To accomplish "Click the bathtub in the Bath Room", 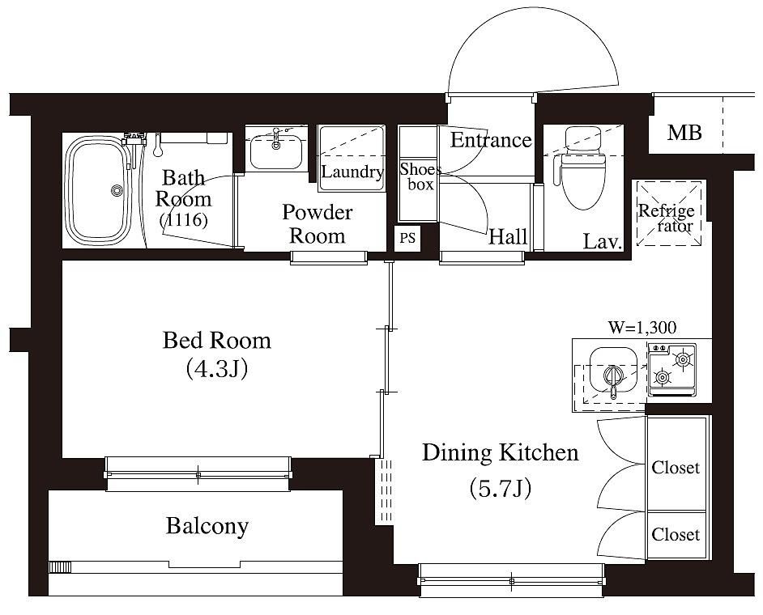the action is [x=98, y=190].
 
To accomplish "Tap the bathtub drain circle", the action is [x=117, y=191].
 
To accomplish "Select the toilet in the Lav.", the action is [x=582, y=168].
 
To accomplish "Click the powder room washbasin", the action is [x=276, y=151].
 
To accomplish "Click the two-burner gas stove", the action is [x=672, y=370].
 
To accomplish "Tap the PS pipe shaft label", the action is [x=407, y=238].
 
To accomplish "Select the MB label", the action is [x=684, y=132].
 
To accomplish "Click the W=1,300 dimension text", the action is [x=642, y=328].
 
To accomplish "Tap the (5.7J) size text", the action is [x=500, y=489].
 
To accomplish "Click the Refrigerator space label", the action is [x=666, y=218].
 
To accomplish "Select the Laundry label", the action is [x=352, y=172].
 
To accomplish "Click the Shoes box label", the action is [x=420, y=176].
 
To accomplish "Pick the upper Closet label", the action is [x=676, y=468].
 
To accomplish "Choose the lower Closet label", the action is [x=676, y=535].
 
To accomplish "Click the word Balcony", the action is [x=207, y=527].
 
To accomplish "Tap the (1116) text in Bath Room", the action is [x=183, y=220].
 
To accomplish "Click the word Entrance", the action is [x=491, y=140].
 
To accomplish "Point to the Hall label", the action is [x=508, y=237].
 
